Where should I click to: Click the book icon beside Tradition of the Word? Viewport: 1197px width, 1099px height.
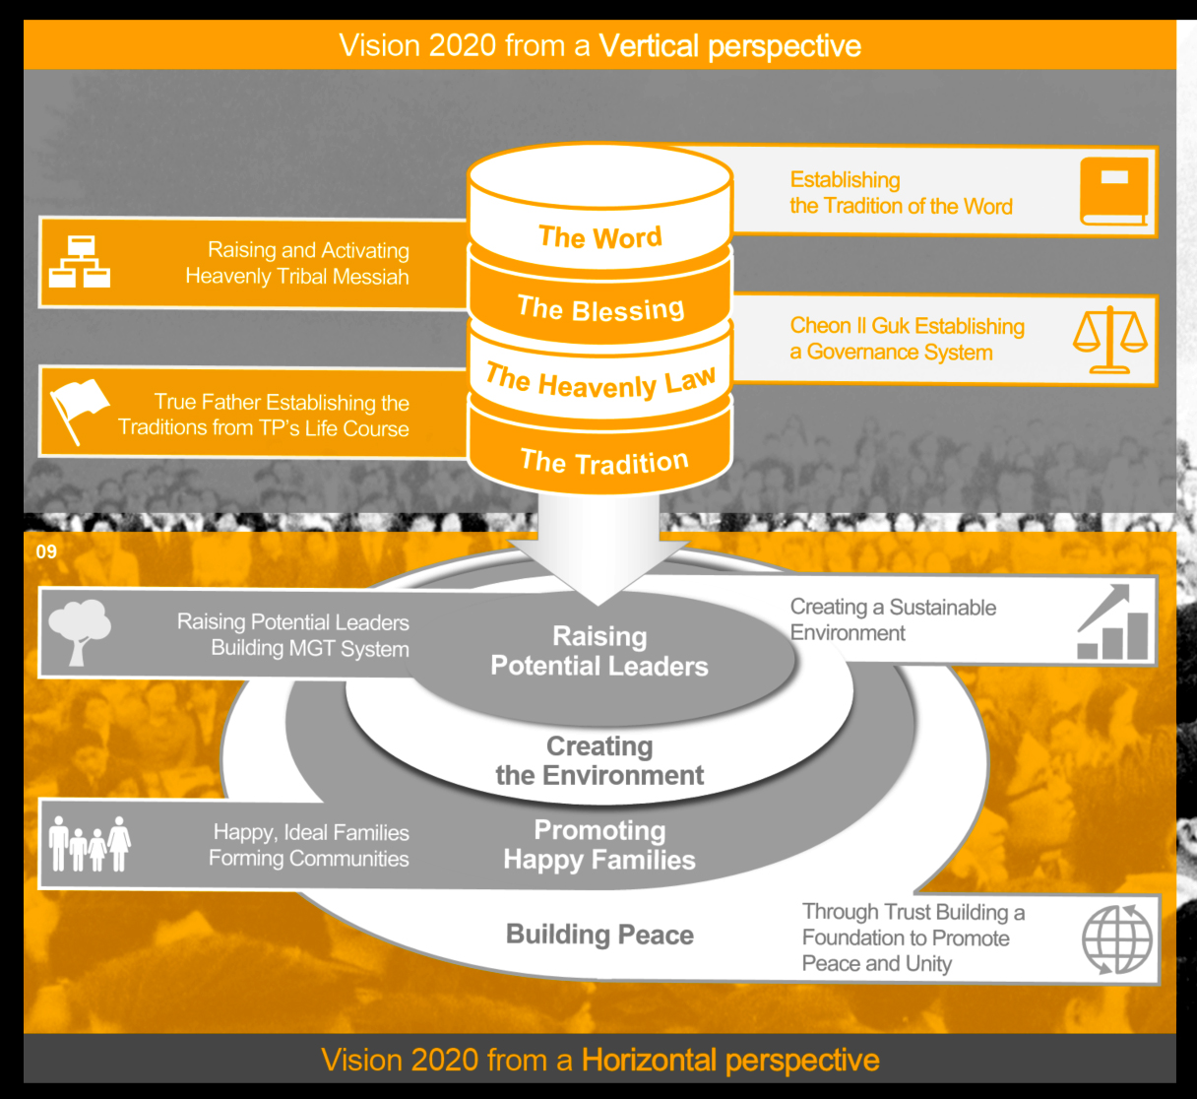1114,191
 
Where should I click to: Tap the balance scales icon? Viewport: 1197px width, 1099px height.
1110,340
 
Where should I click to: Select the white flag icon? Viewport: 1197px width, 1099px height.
79,410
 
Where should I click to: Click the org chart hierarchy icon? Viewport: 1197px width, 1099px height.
80,261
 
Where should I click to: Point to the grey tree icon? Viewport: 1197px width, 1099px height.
80,631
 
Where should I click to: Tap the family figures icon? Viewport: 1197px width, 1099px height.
90,845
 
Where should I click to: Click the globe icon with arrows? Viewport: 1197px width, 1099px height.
1117,938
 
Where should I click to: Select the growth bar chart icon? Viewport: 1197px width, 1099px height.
1114,623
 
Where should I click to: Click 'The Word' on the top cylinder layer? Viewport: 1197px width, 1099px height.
600,237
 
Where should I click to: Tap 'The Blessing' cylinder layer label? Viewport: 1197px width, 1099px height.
600,309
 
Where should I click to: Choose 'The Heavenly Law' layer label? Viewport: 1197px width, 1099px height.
600,382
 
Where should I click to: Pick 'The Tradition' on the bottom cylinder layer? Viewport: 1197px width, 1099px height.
603,461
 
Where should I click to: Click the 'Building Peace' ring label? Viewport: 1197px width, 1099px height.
599,935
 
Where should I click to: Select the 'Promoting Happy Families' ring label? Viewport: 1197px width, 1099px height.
599,845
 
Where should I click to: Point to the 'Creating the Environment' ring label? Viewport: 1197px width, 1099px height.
599,760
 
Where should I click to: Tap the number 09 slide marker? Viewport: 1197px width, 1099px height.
46,551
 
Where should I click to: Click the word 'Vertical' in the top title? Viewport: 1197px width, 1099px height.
649,46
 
